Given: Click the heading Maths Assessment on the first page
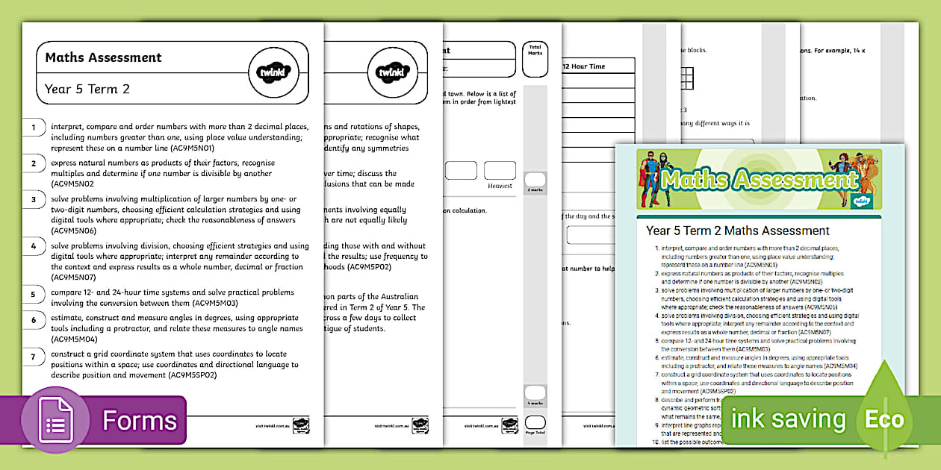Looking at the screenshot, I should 103,57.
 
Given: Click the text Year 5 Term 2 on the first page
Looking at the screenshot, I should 87,90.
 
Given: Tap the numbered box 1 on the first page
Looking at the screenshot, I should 34,128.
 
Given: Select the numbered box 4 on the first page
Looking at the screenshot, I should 34,246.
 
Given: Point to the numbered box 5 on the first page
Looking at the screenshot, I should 34,294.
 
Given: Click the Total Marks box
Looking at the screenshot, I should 535,59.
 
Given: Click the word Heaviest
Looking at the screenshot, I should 500,186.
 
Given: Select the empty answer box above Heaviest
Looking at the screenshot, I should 500,170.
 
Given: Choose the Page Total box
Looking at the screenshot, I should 535,425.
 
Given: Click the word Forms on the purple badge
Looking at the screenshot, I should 140,420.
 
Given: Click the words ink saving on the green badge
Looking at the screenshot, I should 788,419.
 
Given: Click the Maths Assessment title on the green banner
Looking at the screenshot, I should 759,181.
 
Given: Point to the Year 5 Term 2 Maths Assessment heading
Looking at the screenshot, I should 738,231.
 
